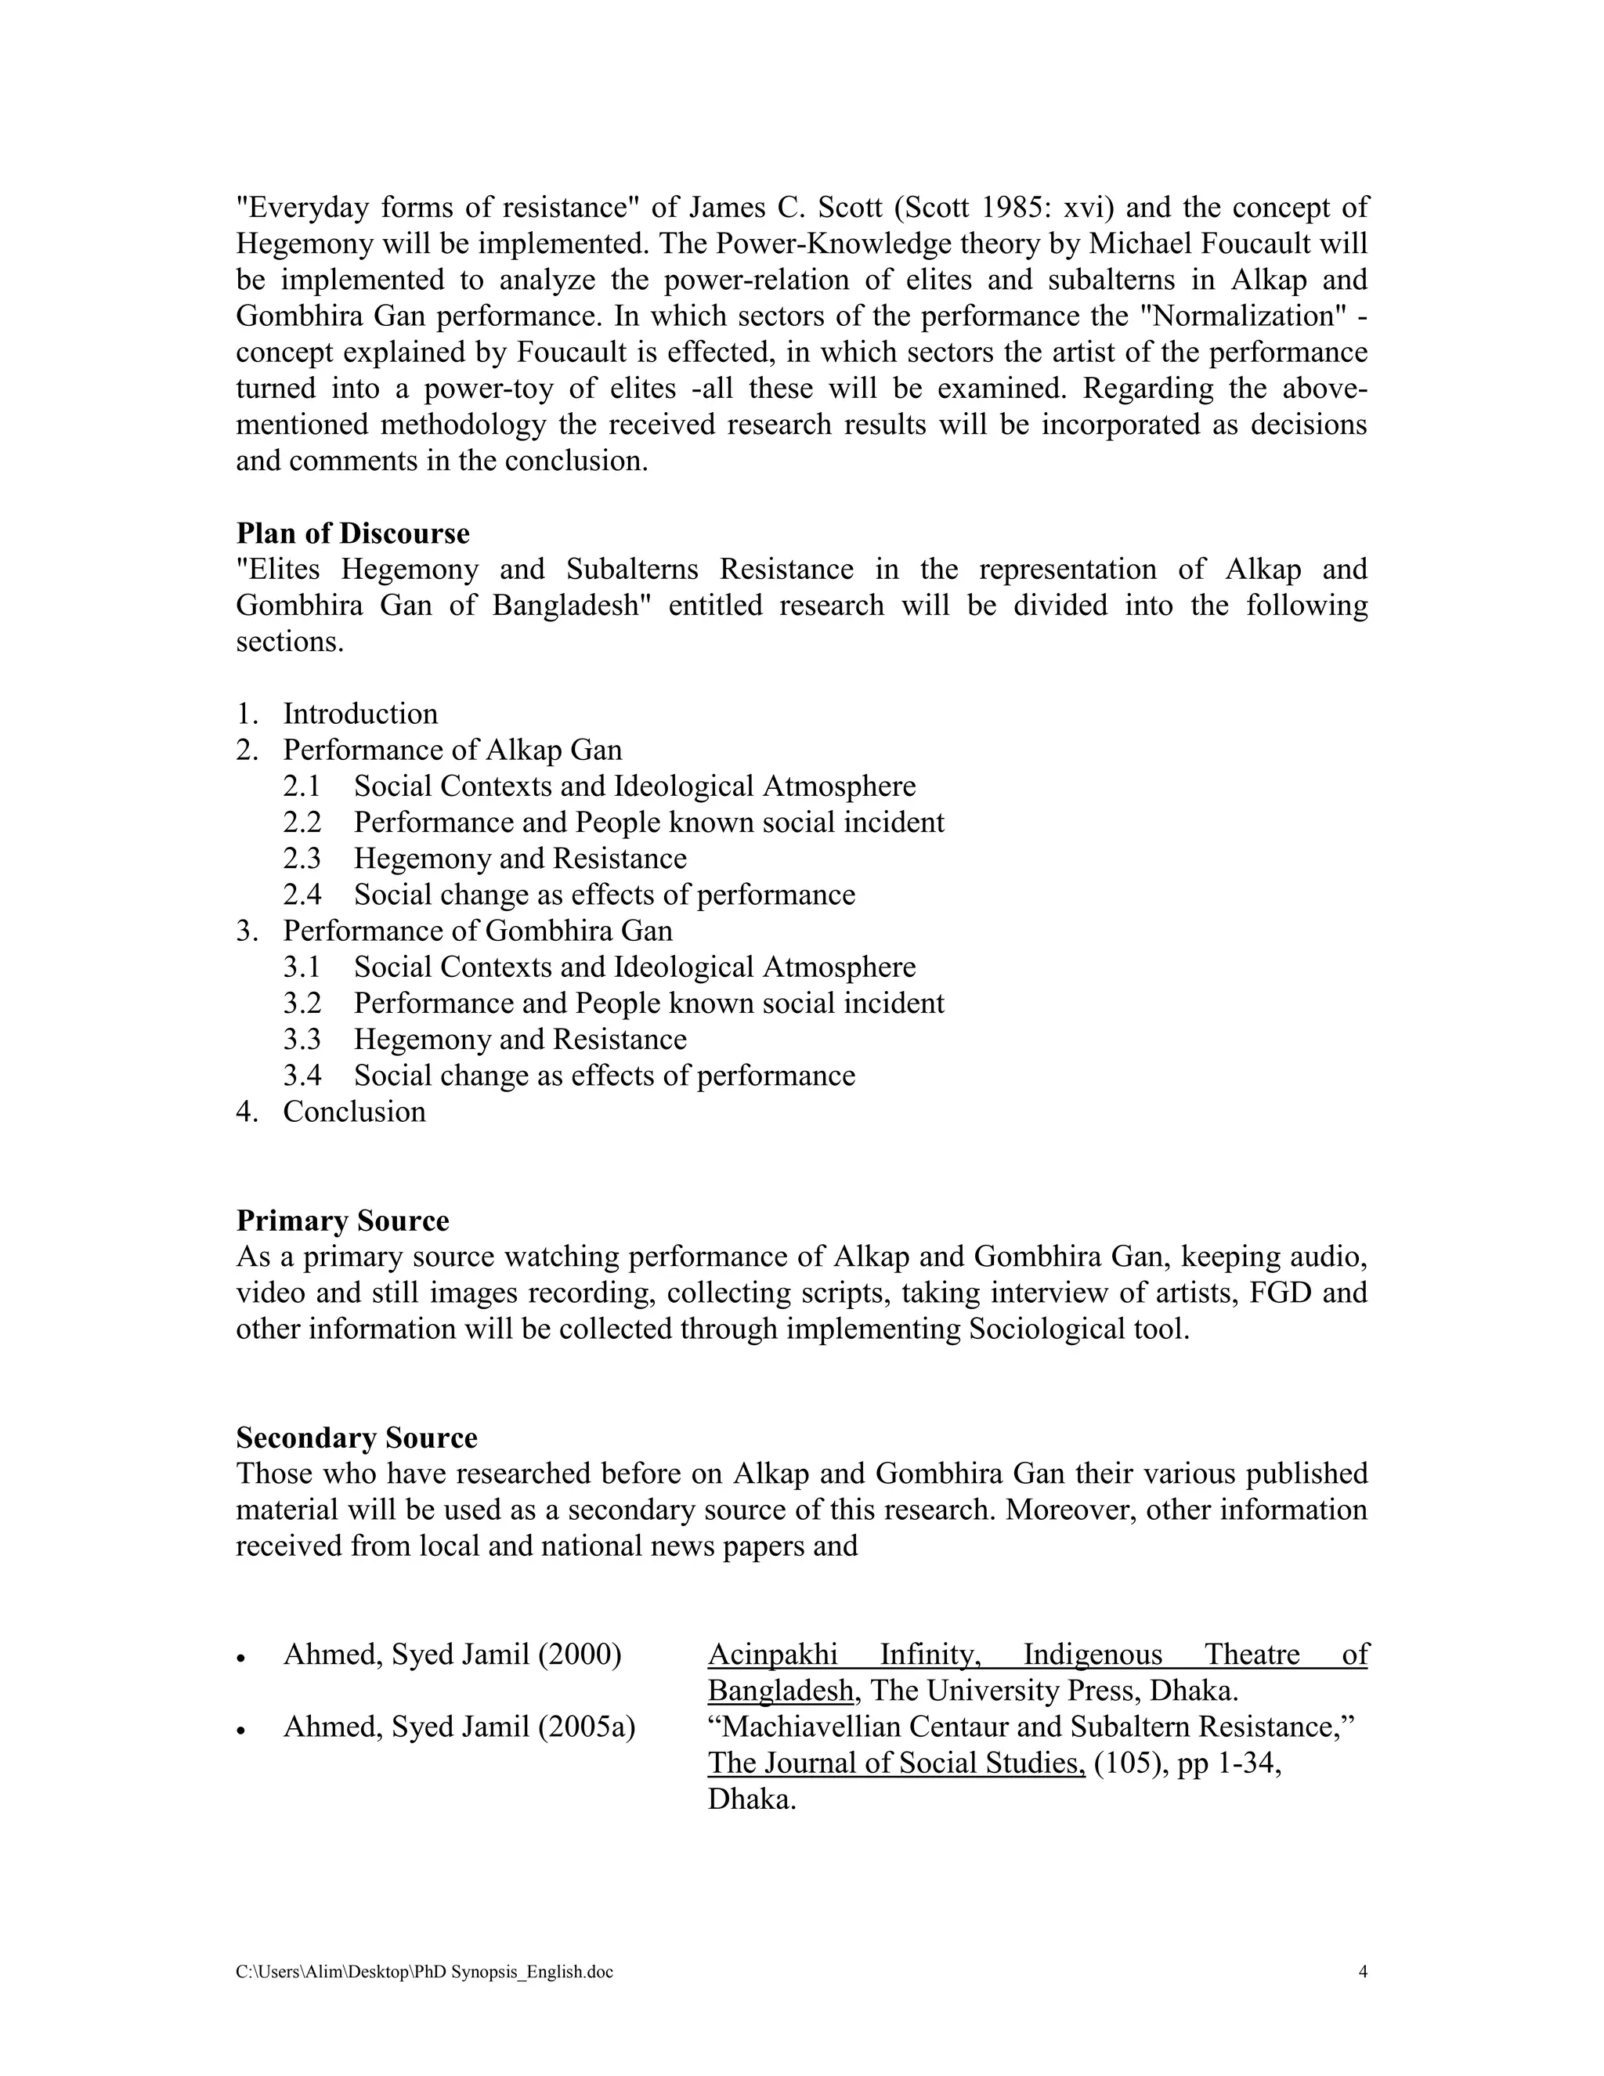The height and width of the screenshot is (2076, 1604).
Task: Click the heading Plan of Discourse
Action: coord(352,533)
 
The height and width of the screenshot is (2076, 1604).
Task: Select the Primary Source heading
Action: coord(342,1221)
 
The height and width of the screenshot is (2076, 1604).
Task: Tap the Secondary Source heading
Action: coord(356,1438)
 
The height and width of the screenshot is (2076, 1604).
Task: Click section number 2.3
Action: coord(302,859)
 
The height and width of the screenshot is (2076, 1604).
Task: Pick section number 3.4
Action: coord(302,1075)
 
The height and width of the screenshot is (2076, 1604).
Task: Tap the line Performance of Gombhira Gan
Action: coord(477,931)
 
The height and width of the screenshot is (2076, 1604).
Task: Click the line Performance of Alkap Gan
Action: coord(453,750)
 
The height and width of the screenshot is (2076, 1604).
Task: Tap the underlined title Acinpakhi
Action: coord(771,1654)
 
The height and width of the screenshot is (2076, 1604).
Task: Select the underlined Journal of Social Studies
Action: coord(896,1763)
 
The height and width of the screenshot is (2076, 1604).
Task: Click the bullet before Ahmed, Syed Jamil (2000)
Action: coord(241,1658)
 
